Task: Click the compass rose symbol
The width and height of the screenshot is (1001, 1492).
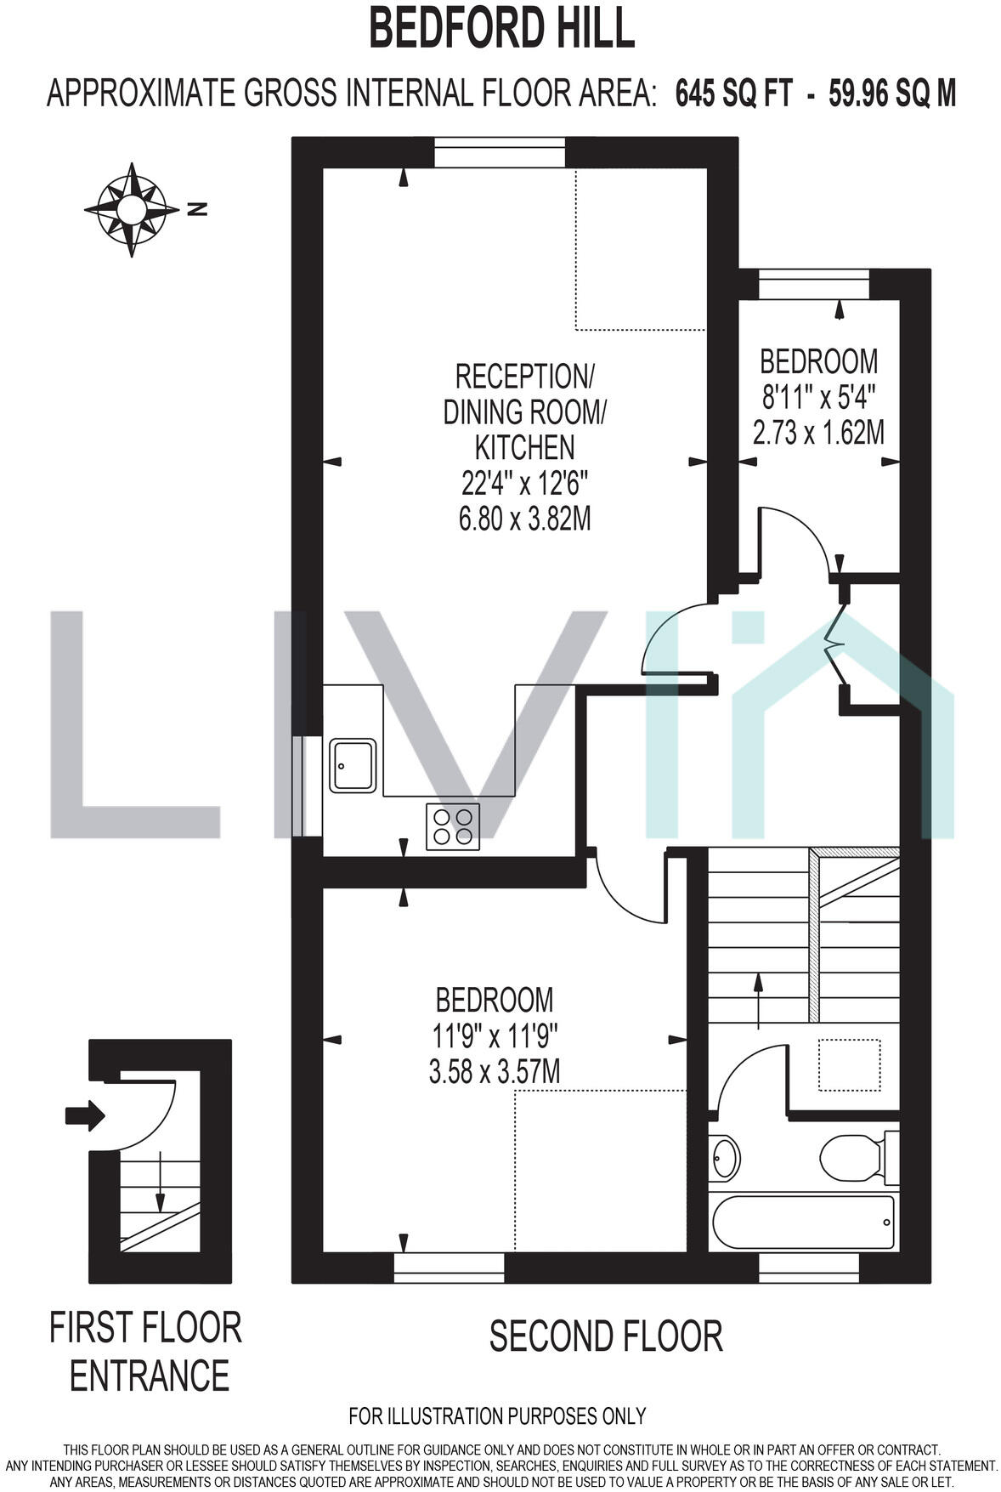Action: (x=132, y=208)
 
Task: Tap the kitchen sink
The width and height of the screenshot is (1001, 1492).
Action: (x=353, y=765)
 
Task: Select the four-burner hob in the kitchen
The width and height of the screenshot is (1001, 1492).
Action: (x=452, y=826)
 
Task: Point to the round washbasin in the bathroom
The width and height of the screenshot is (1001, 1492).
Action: (x=725, y=1157)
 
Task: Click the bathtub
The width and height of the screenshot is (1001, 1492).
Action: (x=803, y=1223)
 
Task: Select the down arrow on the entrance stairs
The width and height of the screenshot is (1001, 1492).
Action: (x=159, y=1183)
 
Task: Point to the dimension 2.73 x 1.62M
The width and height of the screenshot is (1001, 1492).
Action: (x=818, y=433)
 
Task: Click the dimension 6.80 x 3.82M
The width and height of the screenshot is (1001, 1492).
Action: (x=524, y=519)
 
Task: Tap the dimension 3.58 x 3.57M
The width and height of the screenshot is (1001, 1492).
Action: (x=495, y=1071)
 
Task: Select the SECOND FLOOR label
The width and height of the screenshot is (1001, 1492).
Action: (x=605, y=1336)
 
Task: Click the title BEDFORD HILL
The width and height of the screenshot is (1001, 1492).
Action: (x=501, y=30)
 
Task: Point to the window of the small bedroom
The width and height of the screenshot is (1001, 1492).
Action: (x=813, y=284)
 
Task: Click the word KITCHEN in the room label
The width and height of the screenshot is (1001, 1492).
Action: (x=524, y=447)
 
